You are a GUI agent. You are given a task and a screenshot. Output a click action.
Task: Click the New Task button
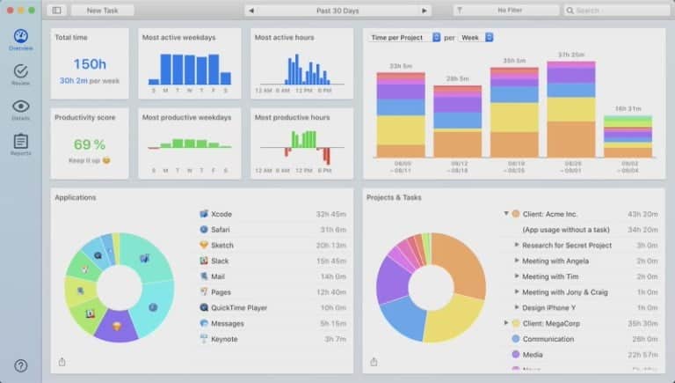(102, 11)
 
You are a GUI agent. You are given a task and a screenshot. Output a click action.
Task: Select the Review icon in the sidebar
(20, 73)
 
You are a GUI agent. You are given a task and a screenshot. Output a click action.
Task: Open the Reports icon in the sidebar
(20, 143)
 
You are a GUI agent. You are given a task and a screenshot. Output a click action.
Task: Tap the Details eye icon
(20, 107)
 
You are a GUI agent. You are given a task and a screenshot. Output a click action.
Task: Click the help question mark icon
(20, 365)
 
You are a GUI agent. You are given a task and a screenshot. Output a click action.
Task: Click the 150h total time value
(90, 63)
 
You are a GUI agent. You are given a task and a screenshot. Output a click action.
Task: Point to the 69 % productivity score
(90, 144)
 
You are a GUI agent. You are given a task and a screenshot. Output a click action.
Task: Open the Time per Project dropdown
(404, 38)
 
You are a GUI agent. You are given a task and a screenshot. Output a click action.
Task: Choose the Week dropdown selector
(475, 38)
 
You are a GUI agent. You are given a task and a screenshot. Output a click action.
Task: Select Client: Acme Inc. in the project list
(549, 214)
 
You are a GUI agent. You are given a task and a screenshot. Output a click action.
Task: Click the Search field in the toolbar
(613, 11)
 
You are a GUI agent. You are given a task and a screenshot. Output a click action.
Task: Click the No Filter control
(507, 11)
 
